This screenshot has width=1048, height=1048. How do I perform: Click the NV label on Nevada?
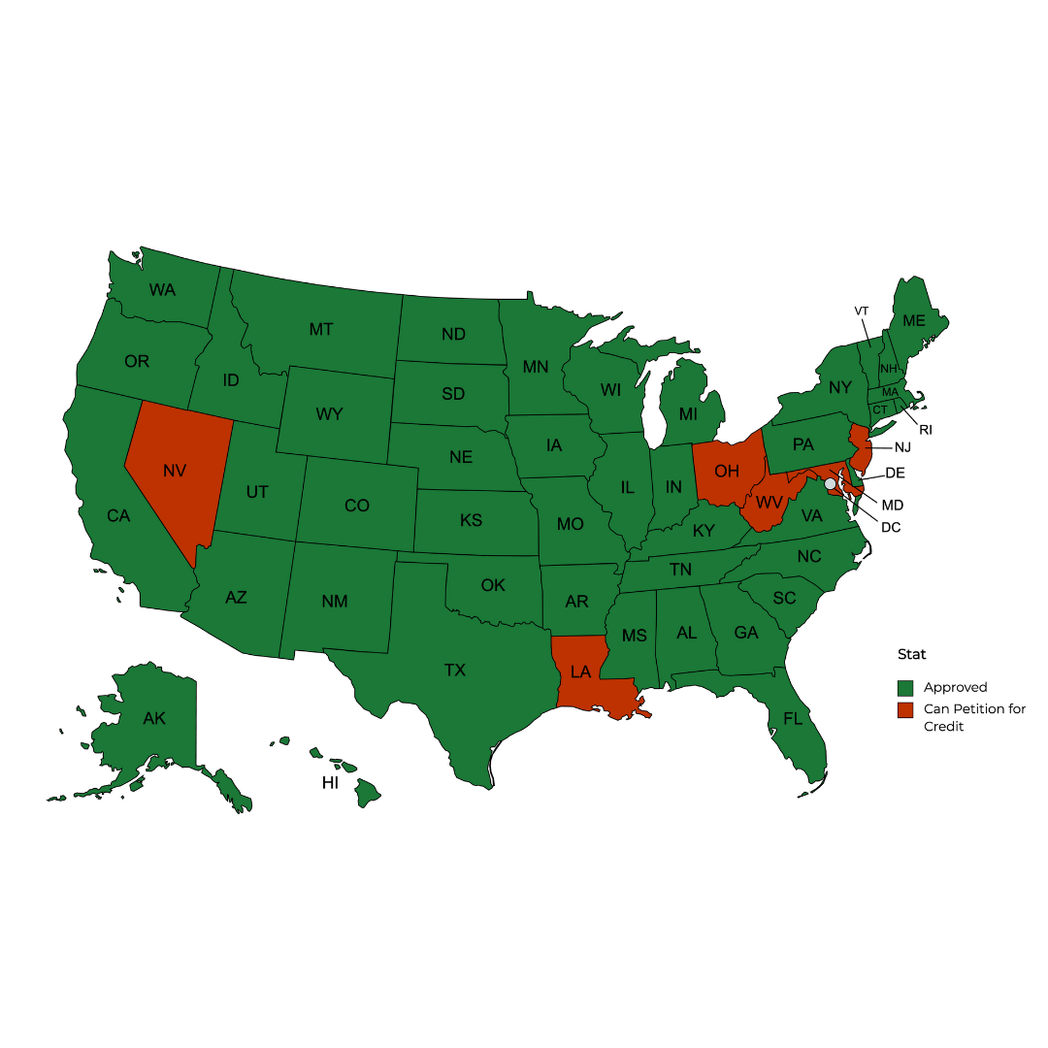pyautogui.click(x=175, y=471)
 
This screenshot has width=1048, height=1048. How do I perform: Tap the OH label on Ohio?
pyautogui.click(x=727, y=471)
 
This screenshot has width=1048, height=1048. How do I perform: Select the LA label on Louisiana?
pyautogui.click(x=580, y=671)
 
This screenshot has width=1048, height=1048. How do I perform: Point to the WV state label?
pyautogui.click(x=770, y=503)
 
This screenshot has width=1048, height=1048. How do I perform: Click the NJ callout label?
pyautogui.click(x=902, y=447)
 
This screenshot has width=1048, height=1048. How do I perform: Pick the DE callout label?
pyautogui.click(x=895, y=473)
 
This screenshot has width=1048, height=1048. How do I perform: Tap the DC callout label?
pyautogui.click(x=890, y=526)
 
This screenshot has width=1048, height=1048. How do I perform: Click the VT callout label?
pyautogui.click(x=861, y=311)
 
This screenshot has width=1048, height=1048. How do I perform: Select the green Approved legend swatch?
pyautogui.click(x=905, y=687)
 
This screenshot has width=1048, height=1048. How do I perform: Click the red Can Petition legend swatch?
pyautogui.click(x=905, y=709)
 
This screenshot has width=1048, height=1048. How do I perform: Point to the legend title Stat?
pyautogui.click(x=911, y=654)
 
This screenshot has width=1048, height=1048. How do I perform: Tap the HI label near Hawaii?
pyautogui.click(x=331, y=782)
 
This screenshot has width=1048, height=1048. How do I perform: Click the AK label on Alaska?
pyautogui.click(x=154, y=719)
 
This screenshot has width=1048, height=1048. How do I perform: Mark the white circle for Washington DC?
pyautogui.click(x=830, y=483)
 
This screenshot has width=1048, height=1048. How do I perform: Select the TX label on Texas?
pyautogui.click(x=455, y=670)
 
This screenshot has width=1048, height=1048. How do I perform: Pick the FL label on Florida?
pyautogui.click(x=794, y=719)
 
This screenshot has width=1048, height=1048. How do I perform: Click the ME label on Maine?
pyautogui.click(x=913, y=320)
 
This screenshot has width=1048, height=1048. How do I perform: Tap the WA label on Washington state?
pyautogui.click(x=162, y=289)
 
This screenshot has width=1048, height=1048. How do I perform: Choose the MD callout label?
pyautogui.click(x=892, y=505)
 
